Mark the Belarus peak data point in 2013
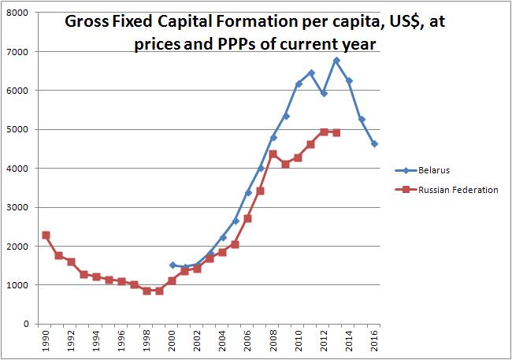pos(336,61)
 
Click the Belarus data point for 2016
pos(374,144)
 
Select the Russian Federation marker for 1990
pos(46,236)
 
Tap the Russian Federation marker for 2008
pos(273,154)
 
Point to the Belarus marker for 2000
pos(173,265)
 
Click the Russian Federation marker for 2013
pos(336,133)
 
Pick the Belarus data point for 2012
pos(324,94)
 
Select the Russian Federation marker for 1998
pos(147,291)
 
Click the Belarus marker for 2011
pos(311,73)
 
